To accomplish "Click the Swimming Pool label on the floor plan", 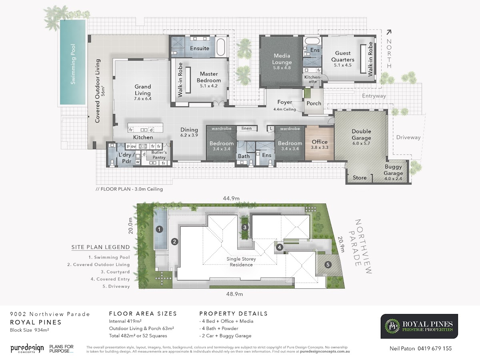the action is coord(73,64).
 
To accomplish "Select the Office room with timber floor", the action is coord(320,143).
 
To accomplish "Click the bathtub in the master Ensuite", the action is coord(221,47).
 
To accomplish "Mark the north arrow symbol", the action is coord(388,32).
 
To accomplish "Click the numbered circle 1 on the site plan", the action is coord(159,229).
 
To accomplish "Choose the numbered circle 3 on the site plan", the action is coord(245,227).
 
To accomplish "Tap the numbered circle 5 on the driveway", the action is coord(328,265).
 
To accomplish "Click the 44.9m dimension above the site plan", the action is coord(231,198).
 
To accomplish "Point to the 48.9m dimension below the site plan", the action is coord(234,294).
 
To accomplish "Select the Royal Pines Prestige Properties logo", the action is coord(419,326).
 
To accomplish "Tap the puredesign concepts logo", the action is coord(27,348).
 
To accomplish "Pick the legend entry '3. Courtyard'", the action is coord(115,272).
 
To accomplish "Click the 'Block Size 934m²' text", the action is coord(30,330).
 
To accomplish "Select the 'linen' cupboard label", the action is coord(246,128).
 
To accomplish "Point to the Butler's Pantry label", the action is coord(159,155).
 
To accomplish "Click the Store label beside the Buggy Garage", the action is coord(360,178).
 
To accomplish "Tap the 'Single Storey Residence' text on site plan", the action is coord(241,262).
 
